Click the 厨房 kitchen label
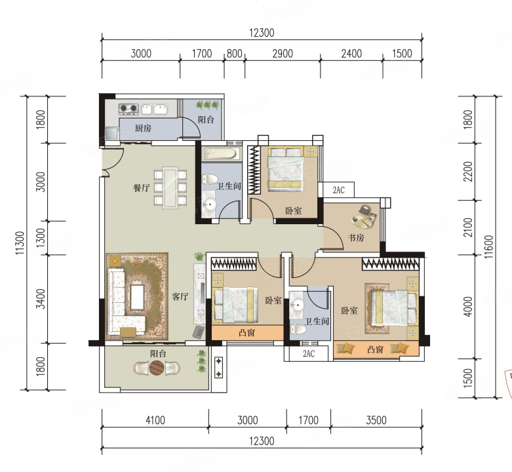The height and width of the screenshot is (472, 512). pyautogui.click(x=144, y=128)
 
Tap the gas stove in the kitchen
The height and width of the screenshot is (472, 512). pyautogui.click(x=128, y=109)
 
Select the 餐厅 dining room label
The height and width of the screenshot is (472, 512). pyautogui.click(x=142, y=187)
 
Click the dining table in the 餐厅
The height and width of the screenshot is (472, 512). pyautogui.click(x=170, y=187)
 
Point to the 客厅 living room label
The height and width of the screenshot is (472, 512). pyautogui.click(x=180, y=296)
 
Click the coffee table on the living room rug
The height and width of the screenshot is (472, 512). pyautogui.click(x=138, y=297)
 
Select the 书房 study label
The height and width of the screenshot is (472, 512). pyautogui.click(x=356, y=237)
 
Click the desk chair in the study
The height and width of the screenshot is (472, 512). pyautogui.click(x=365, y=209)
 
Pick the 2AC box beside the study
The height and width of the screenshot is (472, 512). pyautogui.click(x=338, y=189)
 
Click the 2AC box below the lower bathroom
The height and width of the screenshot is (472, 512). pyautogui.click(x=309, y=353)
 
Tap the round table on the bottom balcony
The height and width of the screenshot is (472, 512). pyautogui.click(x=157, y=368)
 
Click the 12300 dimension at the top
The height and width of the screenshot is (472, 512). pyautogui.click(x=262, y=33)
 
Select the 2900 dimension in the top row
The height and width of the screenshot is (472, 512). pyautogui.click(x=283, y=54)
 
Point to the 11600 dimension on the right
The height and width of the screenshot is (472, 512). pyautogui.click(x=488, y=247)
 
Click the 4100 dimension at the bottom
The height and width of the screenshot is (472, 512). pyautogui.click(x=155, y=420)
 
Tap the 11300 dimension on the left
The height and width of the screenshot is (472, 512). pyautogui.click(x=20, y=243)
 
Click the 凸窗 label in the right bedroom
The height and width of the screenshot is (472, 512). pyautogui.click(x=375, y=349)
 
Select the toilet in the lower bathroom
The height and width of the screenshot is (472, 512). pyautogui.click(x=298, y=329)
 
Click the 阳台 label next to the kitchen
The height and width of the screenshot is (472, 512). pyautogui.click(x=206, y=119)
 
